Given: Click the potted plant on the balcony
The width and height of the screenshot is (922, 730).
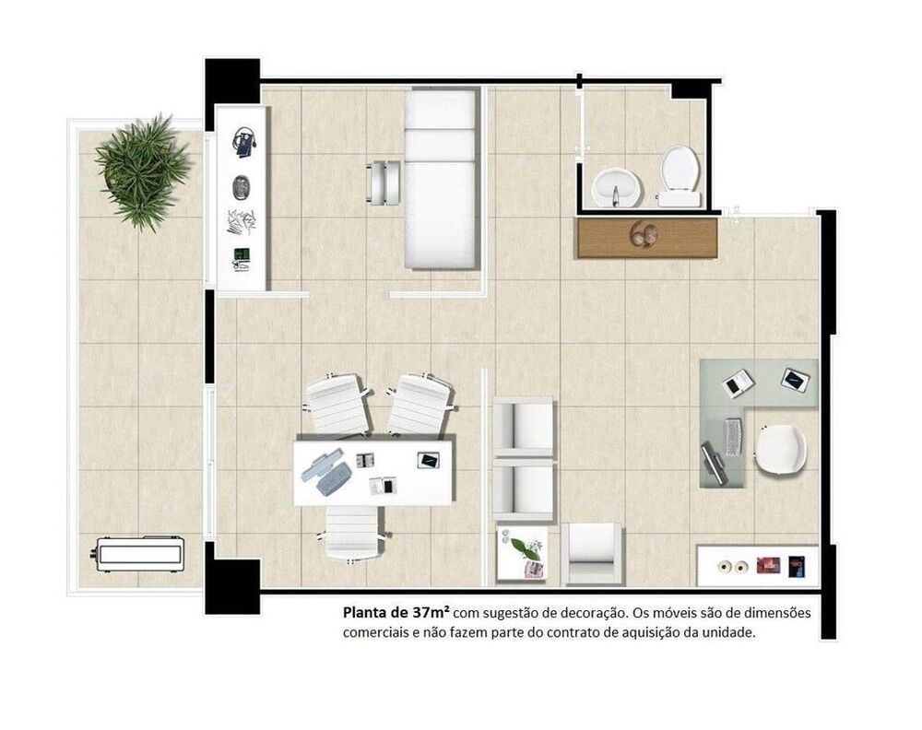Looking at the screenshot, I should pyautogui.click(x=142, y=171).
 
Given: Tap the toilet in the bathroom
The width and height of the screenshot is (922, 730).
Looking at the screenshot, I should pyautogui.click(x=679, y=173).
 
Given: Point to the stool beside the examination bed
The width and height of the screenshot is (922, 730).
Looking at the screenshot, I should pyautogui.click(x=384, y=182).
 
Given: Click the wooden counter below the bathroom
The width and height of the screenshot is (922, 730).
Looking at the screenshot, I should pyautogui.click(x=646, y=237).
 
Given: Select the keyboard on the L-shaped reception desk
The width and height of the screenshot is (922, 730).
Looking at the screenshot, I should pyautogui.click(x=733, y=436).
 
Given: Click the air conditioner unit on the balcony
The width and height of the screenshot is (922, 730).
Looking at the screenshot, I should pyautogui.click(x=140, y=553).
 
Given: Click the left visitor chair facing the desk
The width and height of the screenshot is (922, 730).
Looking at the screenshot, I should pyautogui.click(x=336, y=405).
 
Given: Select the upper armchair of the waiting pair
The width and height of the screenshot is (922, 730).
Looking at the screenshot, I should pyautogui.click(x=523, y=427).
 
